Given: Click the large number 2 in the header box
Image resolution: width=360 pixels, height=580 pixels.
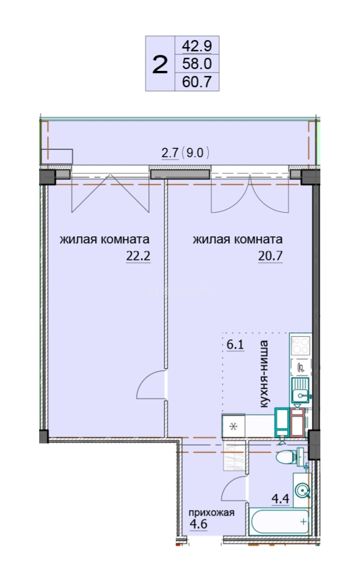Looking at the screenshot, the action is click(x=160, y=64).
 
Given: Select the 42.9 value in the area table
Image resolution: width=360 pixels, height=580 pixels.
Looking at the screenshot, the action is click(x=197, y=46).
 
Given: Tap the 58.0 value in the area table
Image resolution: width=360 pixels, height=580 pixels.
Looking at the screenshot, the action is click(x=197, y=63).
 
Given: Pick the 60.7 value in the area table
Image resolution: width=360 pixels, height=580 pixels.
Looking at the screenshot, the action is click(x=197, y=82).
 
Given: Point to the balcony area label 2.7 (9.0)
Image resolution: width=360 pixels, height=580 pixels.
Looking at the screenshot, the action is click(x=185, y=153).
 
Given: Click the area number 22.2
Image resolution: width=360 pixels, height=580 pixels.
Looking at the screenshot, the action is click(x=139, y=256).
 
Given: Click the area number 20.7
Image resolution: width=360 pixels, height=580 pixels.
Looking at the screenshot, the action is click(x=270, y=256).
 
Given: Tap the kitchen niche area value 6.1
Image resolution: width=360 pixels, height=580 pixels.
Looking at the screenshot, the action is click(x=235, y=345).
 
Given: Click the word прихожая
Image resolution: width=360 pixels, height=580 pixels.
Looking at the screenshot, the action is click(x=212, y=512).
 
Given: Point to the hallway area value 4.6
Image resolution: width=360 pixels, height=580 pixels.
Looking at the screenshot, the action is click(x=198, y=524).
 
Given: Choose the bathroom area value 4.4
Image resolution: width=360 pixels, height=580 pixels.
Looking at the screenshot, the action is click(x=280, y=499).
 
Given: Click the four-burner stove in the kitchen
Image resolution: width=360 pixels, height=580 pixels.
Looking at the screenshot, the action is click(x=300, y=345).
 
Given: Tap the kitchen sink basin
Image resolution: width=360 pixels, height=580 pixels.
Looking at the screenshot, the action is click(x=300, y=390).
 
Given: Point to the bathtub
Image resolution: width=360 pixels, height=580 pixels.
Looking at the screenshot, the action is click(x=279, y=521).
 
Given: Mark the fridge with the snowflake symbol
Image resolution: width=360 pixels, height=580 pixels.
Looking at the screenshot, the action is click(x=234, y=426).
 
